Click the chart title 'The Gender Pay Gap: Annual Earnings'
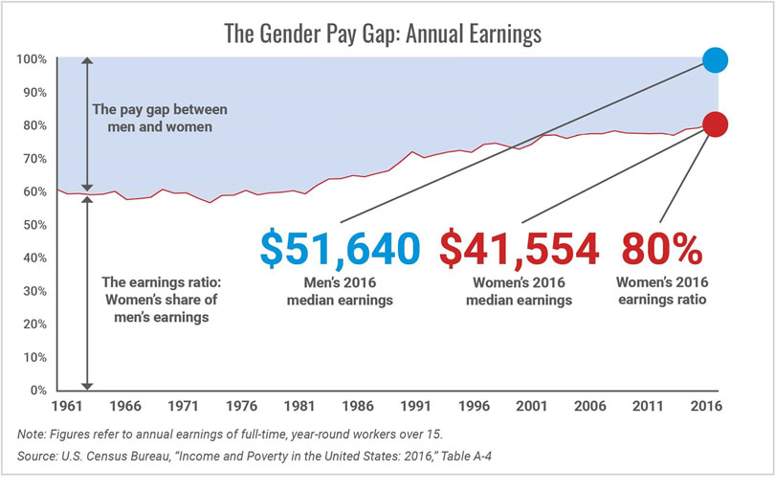(x=383, y=34)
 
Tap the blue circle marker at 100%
(x=715, y=60)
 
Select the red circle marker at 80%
(x=715, y=124)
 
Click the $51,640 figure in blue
(x=340, y=248)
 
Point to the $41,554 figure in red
(x=520, y=248)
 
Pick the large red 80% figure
(x=662, y=248)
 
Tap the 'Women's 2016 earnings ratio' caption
(x=662, y=291)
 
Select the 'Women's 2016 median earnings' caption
(x=520, y=291)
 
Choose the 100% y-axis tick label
(x=32, y=59)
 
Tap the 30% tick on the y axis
(x=34, y=291)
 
